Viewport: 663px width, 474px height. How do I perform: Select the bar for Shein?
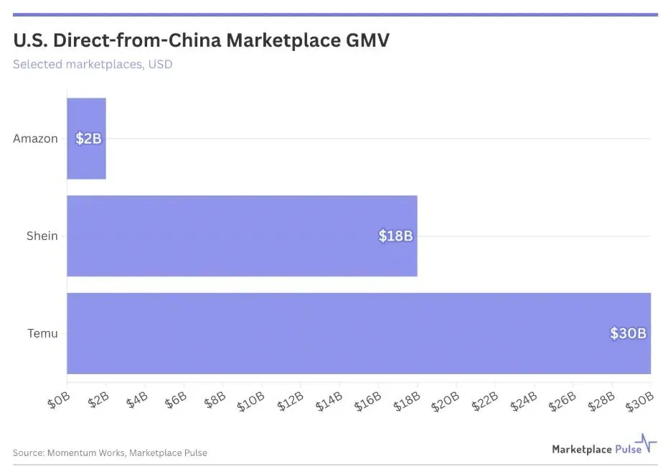coord(242,236)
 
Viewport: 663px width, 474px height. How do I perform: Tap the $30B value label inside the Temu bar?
coord(628,333)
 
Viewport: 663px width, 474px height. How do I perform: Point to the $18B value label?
coord(395,236)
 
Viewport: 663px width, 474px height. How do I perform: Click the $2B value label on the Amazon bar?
coord(88,139)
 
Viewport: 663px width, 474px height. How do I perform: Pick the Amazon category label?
coord(35,139)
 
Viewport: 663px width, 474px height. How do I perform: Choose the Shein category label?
coord(42,236)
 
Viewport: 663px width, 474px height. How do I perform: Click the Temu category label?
coord(43,333)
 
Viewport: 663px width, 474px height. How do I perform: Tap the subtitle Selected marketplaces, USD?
coord(93,64)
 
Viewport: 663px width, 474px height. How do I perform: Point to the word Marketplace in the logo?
coord(582,449)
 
